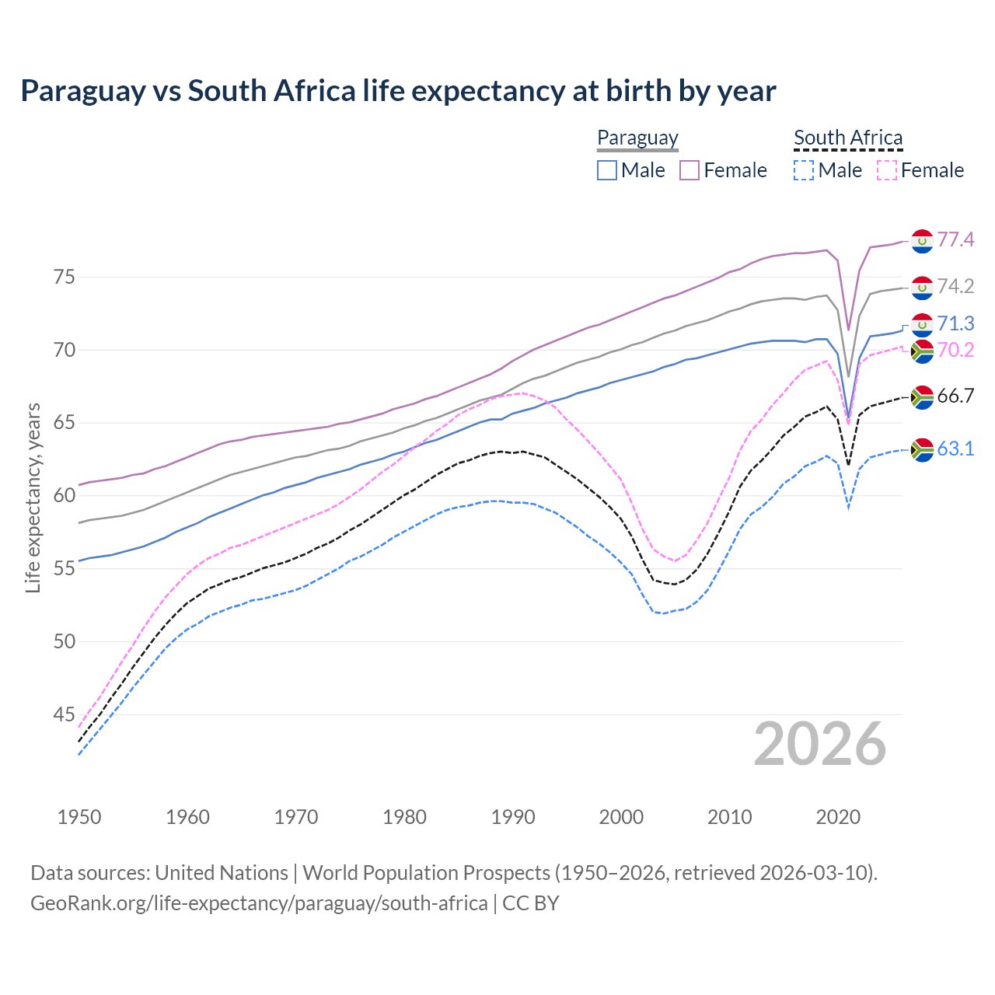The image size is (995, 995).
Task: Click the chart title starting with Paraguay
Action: (x=398, y=91)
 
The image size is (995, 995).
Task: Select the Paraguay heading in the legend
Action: (x=637, y=138)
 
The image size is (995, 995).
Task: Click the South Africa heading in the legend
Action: (x=848, y=138)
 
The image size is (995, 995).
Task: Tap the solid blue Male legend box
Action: (x=607, y=170)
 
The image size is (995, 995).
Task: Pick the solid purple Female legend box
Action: (x=690, y=170)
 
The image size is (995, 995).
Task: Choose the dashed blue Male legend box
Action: (x=804, y=170)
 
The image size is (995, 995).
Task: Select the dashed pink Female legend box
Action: (x=887, y=170)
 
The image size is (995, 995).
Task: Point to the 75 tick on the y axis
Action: (x=65, y=278)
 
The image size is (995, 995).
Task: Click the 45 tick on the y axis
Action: (x=65, y=715)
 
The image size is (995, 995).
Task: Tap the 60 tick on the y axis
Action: (x=65, y=496)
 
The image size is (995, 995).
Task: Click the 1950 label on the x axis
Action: (x=79, y=817)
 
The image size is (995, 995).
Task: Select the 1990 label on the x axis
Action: (x=513, y=817)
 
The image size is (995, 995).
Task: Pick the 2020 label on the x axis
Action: (x=838, y=817)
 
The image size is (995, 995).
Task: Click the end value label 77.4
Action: (x=955, y=239)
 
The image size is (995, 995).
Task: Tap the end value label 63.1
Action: (x=955, y=449)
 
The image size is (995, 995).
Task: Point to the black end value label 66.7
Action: (x=955, y=396)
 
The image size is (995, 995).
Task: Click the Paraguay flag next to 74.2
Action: (x=922, y=288)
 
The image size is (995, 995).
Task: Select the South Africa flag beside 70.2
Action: (x=922, y=351)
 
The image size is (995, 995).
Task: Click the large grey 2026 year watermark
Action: (x=820, y=744)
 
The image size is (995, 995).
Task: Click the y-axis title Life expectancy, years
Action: (x=33, y=497)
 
